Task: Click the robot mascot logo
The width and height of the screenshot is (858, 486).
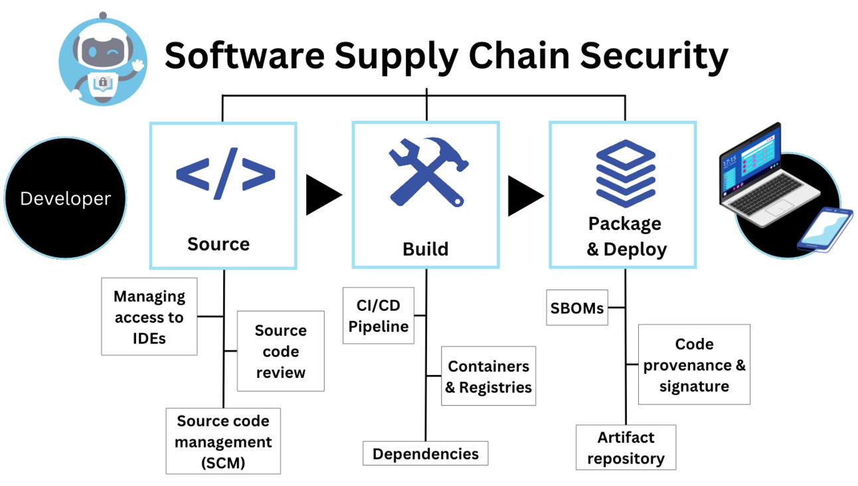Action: click(102, 60)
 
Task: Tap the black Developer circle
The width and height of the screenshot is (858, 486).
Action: click(65, 199)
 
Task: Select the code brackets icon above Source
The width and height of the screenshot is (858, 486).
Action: click(225, 174)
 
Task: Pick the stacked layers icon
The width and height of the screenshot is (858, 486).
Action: click(625, 173)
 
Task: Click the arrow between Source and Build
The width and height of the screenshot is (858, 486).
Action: click(322, 195)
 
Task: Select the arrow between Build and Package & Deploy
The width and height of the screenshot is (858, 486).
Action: click(525, 195)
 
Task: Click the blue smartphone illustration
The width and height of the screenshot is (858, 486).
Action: click(825, 229)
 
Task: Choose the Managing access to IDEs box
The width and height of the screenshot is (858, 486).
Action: click(149, 317)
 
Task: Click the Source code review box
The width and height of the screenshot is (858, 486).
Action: click(280, 351)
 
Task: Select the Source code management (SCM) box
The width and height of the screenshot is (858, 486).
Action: click(223, 442)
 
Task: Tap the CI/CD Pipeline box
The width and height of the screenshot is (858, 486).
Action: click(379, 316)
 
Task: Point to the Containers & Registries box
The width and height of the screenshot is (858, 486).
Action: click(489, 376)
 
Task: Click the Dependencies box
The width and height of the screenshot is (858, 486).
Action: click(426, 454)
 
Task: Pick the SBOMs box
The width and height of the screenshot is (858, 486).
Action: click(577, 308)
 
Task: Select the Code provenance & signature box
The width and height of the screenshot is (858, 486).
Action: click(694, 364)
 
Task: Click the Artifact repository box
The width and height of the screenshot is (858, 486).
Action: click(626, 448)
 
